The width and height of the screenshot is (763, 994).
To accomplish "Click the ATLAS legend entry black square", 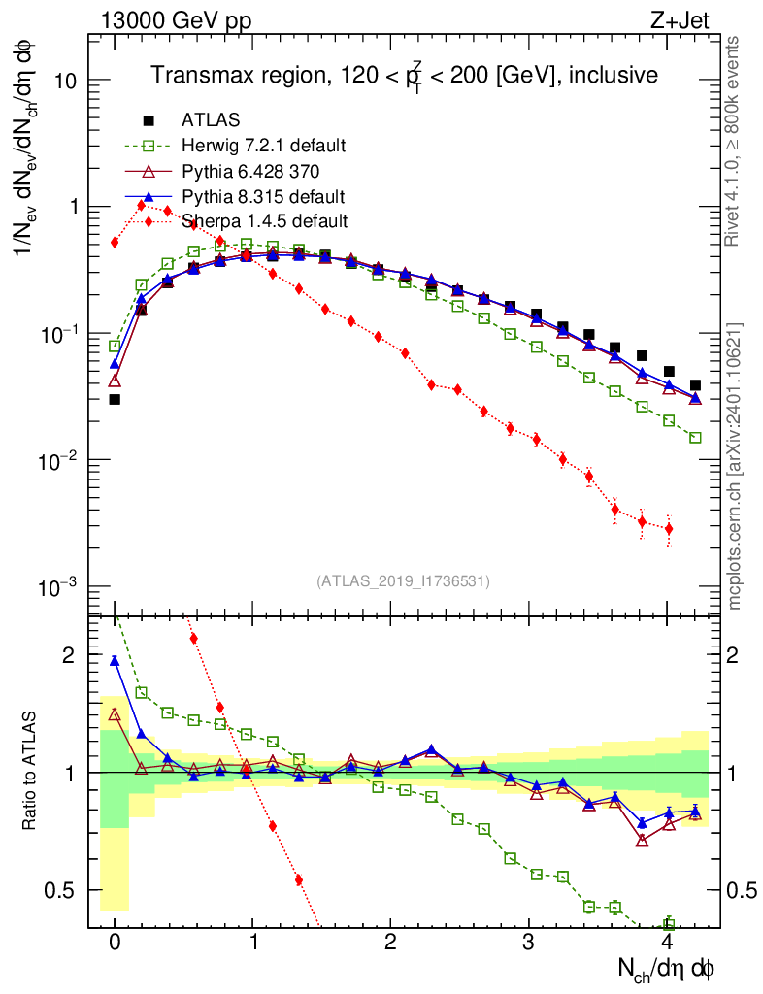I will click(x=149, y=120).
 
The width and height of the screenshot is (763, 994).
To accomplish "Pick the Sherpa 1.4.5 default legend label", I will click(x=264, y=221).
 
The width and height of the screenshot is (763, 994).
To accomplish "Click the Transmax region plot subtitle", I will click(x=404, y=75).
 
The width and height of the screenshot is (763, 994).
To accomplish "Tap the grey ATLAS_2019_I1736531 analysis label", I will click(x=403, y=581).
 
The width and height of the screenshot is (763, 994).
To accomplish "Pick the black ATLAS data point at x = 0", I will click(x=115, y=399).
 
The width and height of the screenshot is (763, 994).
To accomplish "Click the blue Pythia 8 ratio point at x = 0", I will click(x=115, y=661).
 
